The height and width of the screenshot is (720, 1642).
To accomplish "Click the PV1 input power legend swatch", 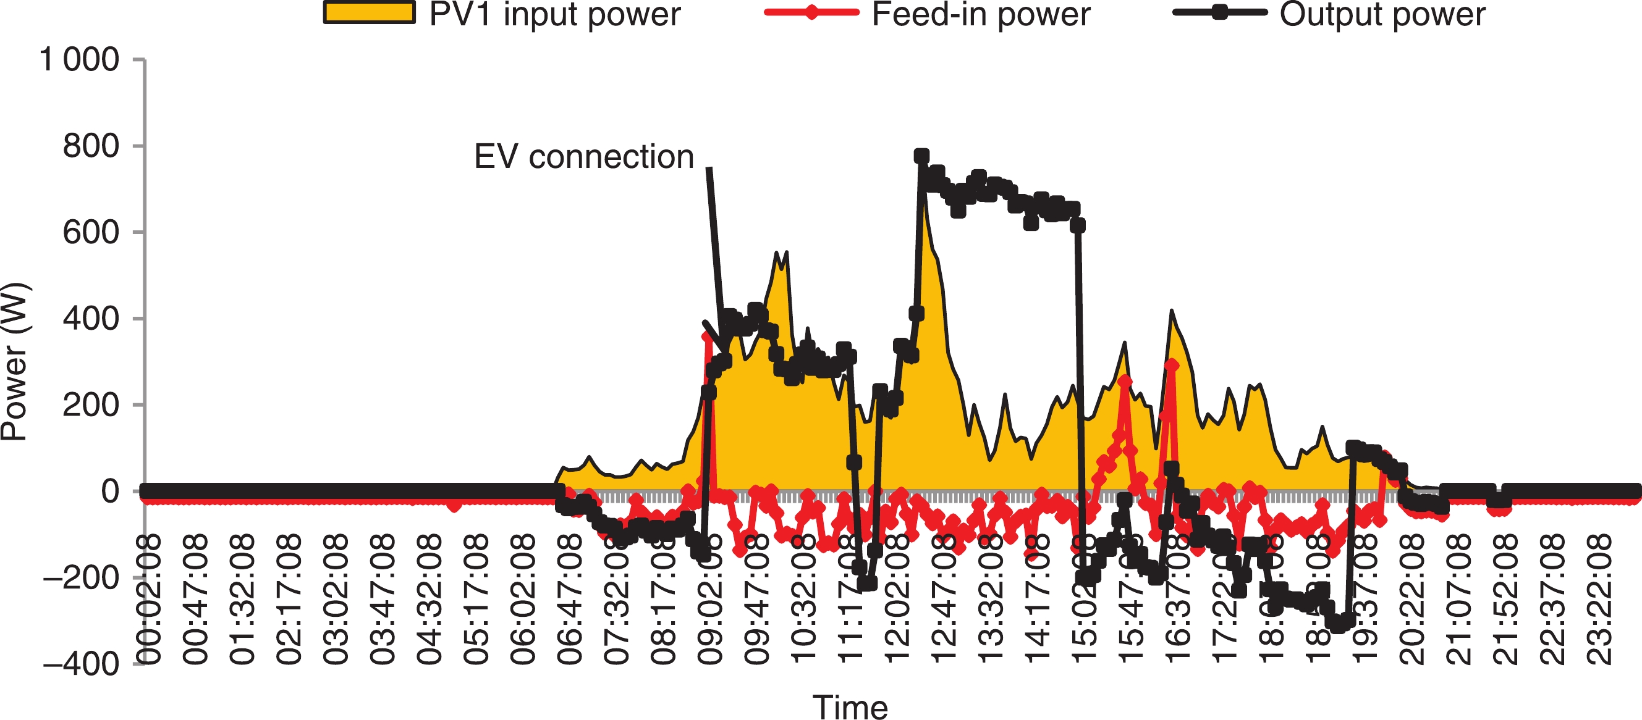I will tap(369, 14).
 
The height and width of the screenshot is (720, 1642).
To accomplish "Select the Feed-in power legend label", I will tap(980, 14).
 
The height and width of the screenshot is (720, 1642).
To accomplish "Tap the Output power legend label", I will tap(1382, 14).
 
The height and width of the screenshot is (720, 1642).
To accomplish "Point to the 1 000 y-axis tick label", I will tap(80, 60).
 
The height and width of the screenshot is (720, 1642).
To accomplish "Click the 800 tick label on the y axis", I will tap(91, 146).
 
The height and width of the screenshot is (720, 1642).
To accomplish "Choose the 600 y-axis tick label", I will tap(91, 233).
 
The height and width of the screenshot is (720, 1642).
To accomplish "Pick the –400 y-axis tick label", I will tap(81, 664).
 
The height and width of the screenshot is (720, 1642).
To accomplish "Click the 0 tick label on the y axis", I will tap(110, 492).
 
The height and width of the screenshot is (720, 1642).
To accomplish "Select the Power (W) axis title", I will tap(14, 361).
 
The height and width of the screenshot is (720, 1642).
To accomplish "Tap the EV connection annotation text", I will tap(584, 157).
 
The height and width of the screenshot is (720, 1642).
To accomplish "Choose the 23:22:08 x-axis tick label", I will tap(1598, 600).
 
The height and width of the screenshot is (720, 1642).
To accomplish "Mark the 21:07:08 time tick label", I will tap(1458, 600).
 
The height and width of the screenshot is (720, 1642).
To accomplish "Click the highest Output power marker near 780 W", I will tap(921, 156).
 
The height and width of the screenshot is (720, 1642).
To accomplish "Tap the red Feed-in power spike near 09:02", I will tap(708, 336).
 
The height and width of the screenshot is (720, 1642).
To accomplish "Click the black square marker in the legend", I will tap(1219, 12).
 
